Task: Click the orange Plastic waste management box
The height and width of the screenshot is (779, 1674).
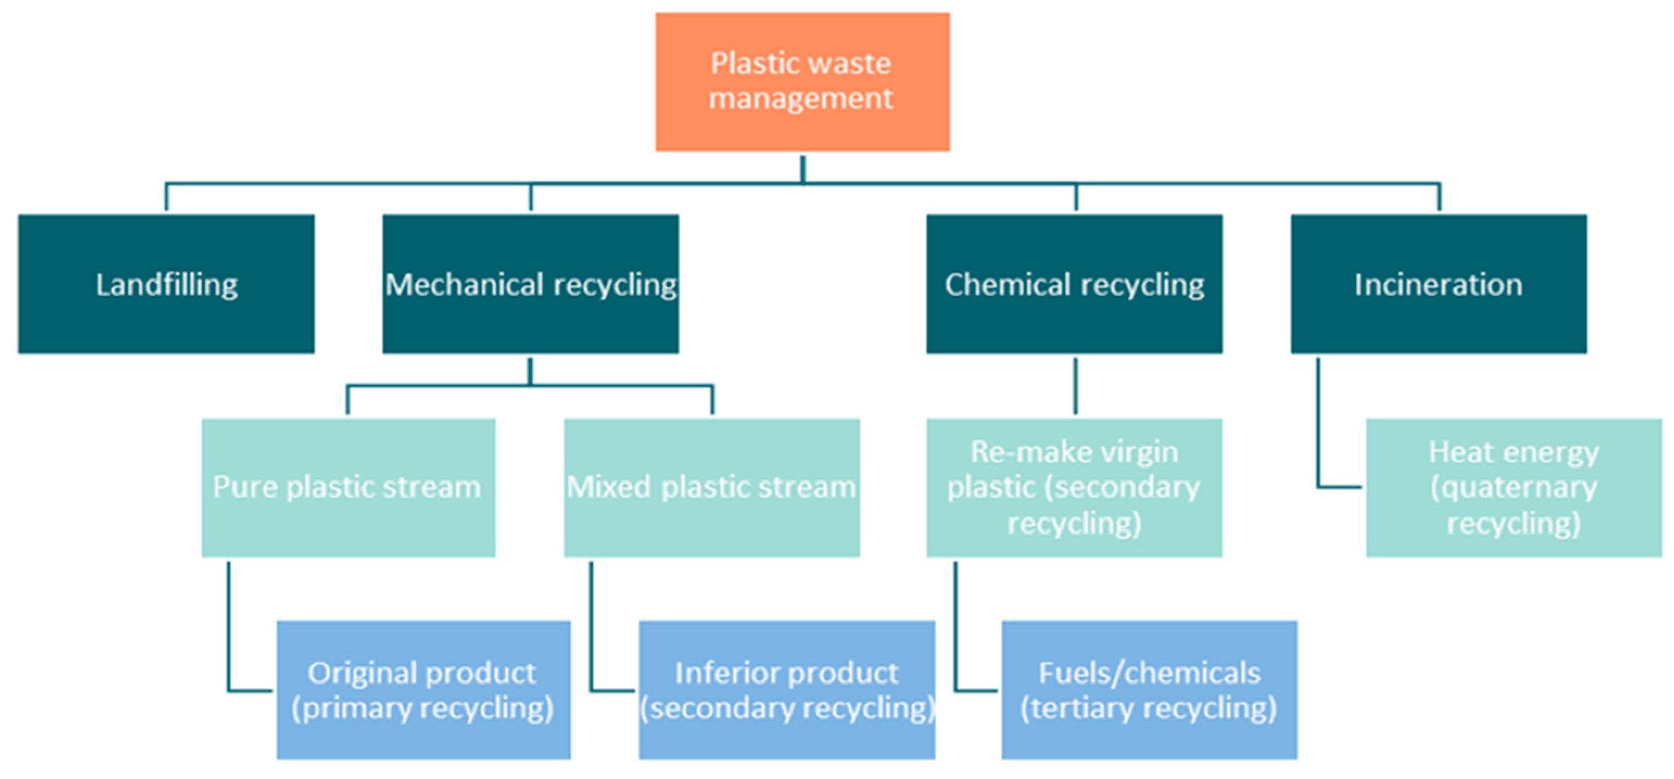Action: click(802, 82)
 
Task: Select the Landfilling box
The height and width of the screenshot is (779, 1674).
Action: click(166, 284)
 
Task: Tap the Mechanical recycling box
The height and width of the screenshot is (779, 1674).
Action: click(530, 284)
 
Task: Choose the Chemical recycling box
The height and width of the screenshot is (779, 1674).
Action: click(1074, 284)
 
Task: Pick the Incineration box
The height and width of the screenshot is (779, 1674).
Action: click(1438, 284)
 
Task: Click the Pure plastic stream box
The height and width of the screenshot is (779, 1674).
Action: click(348, 487)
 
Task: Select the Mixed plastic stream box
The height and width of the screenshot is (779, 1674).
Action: click(712, 487)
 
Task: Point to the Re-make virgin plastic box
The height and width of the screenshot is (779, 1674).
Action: click(1074, 487)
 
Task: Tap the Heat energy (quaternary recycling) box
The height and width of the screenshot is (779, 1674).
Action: click(1513, 487)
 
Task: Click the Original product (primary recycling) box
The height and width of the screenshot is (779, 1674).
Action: click(423, 690)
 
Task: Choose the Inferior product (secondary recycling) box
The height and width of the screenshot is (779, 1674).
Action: click(787, 690)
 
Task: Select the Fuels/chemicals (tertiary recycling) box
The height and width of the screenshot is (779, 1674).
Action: click(1149, 690)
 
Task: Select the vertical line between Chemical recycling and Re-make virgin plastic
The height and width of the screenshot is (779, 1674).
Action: click(1075, 386)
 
